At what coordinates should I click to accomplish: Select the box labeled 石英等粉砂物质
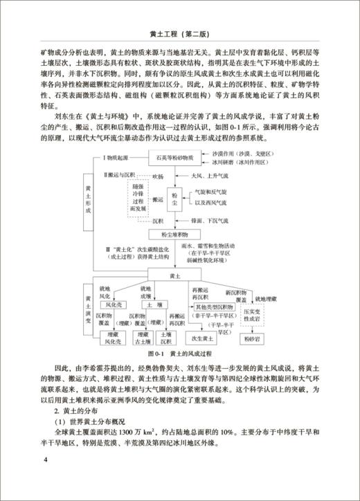179,158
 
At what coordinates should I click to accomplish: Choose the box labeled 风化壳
113,304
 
